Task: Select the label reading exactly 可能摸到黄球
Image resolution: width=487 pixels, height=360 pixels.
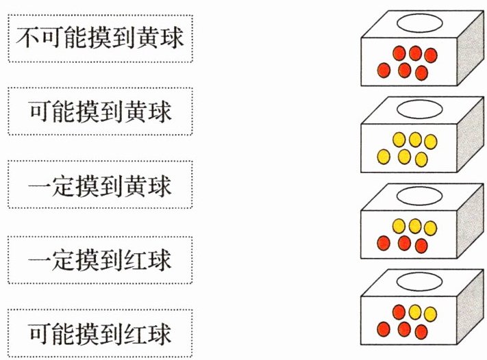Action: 100,110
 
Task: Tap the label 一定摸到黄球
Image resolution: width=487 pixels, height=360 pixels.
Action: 100,184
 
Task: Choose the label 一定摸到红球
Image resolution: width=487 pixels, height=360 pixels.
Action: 100,260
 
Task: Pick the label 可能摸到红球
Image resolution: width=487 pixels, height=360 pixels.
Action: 100,333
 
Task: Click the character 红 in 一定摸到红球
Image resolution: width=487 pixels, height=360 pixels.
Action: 138,260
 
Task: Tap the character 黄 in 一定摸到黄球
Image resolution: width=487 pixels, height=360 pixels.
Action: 138,184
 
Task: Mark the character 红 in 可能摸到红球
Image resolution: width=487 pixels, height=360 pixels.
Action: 138,333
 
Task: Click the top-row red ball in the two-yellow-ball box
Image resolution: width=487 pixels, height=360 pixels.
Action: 399,312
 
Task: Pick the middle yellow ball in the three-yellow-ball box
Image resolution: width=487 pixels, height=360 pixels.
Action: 415,225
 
